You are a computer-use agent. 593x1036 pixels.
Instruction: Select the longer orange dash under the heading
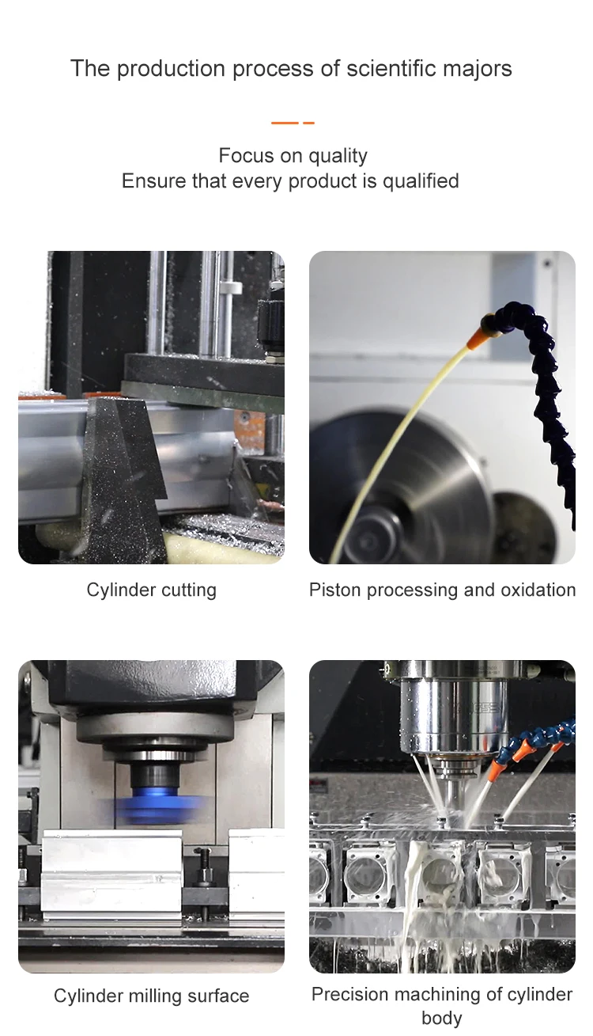click(x=285, y=123)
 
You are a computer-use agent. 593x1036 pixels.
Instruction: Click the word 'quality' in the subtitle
click(x=338, y=156)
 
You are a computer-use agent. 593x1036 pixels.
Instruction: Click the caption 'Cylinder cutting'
click(x=152, y=590)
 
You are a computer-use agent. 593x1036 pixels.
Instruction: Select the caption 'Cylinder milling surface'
click(x=152, y=996)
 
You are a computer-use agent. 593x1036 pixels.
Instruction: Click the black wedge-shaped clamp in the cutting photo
click(x=125, y=476)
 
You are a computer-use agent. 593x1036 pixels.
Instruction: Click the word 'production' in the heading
click(x=169, y=69)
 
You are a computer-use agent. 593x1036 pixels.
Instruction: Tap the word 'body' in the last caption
click(x=441, y=1018)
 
